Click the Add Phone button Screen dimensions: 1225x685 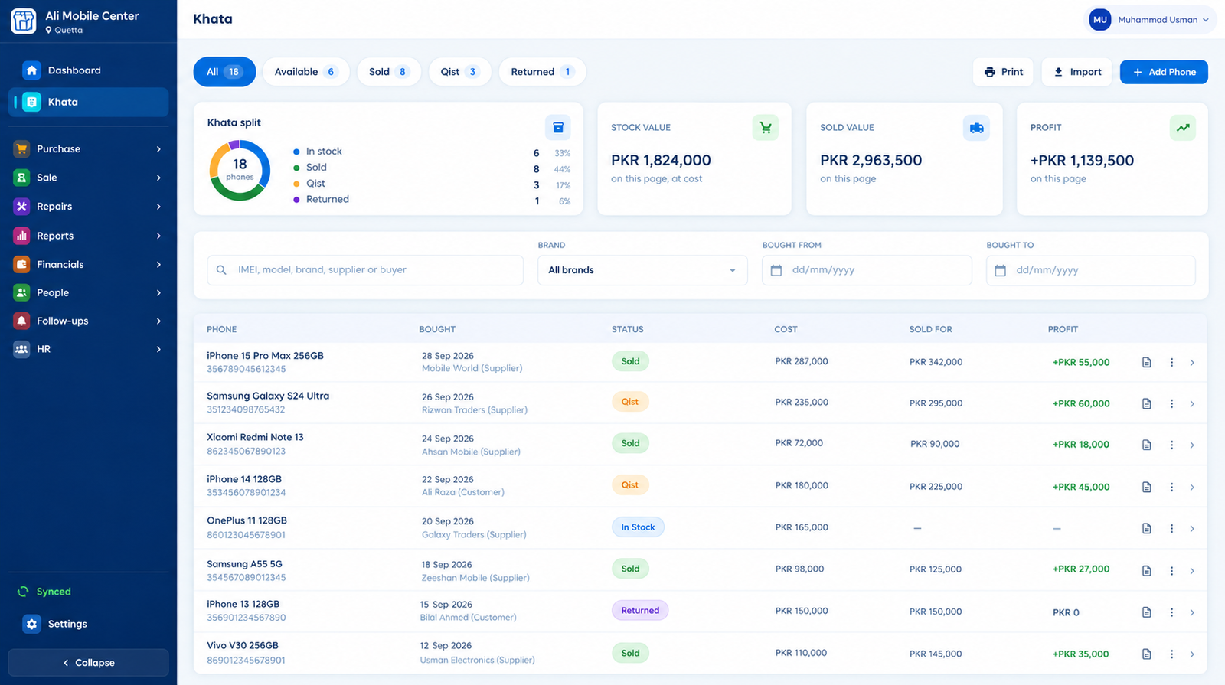click(1164, 72)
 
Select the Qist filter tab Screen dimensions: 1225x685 click(459, 72)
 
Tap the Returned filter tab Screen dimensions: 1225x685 click(542, 72)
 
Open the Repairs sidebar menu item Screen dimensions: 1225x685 click(88, 206)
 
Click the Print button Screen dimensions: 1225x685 click(1003, 72)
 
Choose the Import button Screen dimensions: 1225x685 click(1076, 72)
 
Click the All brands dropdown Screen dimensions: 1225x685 click(642, 270)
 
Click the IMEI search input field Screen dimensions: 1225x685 click(365, 270)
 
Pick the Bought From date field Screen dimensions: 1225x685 click(867, 270)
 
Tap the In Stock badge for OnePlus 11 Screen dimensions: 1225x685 click(638, 527)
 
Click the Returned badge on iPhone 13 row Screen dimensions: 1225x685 click(640, 610)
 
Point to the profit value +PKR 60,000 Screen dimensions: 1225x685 click(1080, 403)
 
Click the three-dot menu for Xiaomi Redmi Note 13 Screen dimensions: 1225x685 click(1171, 445)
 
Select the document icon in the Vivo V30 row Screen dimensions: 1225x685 click(1147, 654)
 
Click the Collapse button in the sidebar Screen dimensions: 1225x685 click(88, 663)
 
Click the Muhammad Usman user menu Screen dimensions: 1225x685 click(1150, 20)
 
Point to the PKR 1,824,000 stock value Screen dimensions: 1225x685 click(661, 160)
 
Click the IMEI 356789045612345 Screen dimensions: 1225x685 click(246, 369)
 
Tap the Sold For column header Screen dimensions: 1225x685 click(930, 329)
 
